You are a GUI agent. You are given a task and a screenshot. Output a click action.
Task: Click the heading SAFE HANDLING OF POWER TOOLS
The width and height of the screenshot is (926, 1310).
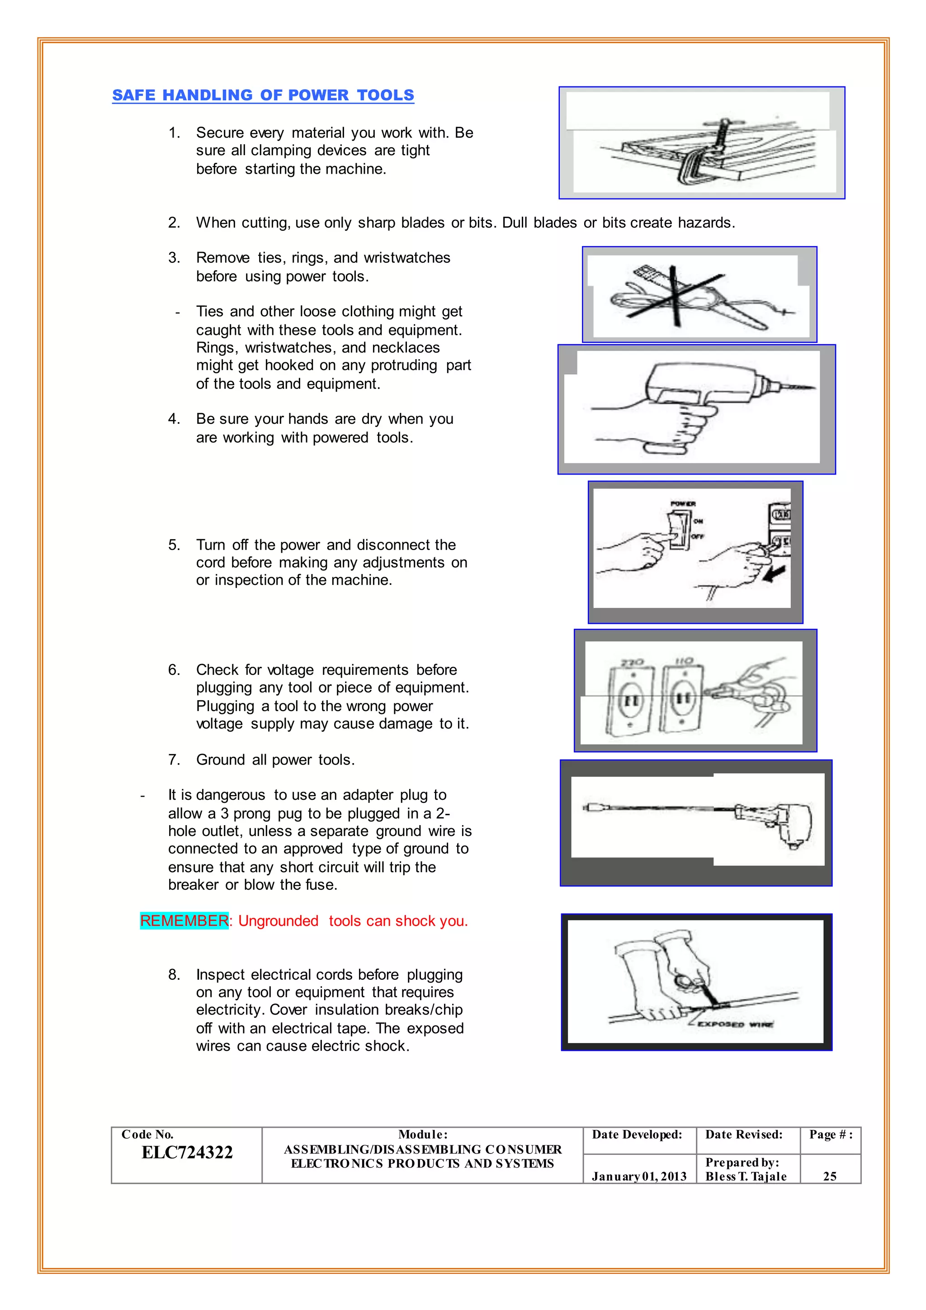pyautogui.click(x=263, y=95)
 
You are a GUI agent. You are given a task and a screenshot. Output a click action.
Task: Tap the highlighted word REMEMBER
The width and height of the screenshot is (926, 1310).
pyautogui.click(x=184, y=921)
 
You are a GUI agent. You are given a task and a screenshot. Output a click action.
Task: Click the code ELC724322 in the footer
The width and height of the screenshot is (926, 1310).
pyautogui.click(x=187, y=1152)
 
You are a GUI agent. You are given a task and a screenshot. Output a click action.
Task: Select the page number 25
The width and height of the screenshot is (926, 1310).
pyautogui.click(x=830, y=1177)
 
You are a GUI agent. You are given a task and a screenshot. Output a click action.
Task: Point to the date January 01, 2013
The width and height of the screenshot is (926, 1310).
pyautogui.click(x=638, y=1177)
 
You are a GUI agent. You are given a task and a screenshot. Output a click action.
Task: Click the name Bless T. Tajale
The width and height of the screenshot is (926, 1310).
pyautogui.click(x=746, y=1177)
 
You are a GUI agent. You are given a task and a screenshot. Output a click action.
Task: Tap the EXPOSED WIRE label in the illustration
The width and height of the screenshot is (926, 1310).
pyautogui.click(x=735, y=1024)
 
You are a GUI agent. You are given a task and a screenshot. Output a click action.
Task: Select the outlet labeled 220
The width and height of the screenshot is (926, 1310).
pyautogui.click(x=629, y=699)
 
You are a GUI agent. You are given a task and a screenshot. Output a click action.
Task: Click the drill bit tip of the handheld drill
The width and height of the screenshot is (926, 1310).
pyautogui.click(x=810, y=388)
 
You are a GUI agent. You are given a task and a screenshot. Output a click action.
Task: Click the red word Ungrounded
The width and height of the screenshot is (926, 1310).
pyautogui.click(x=278, y=921)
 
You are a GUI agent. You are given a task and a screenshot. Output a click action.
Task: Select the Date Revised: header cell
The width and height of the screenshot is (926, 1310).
pyautogui.click(x=743, y=1134)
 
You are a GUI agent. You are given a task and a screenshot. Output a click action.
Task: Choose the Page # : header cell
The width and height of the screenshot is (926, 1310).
pyautogui.click(x=830, y=1134)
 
